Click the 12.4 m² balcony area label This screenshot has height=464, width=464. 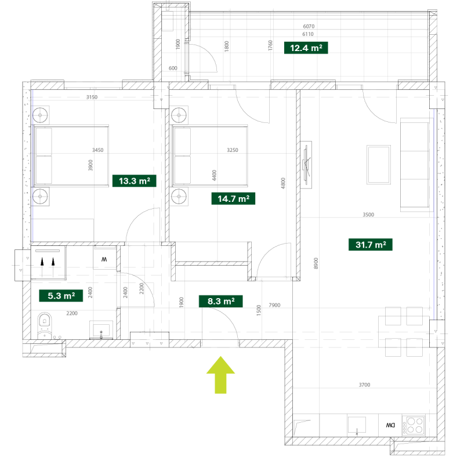[306, 48]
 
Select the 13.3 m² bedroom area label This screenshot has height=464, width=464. [135, 181]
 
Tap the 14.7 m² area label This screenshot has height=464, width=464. [233, 198]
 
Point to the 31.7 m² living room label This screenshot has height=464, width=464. [371, 245]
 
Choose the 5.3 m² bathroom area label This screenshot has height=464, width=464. [61, 296]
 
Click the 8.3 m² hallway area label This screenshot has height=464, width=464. [221, 301]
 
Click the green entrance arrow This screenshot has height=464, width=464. [220, 375]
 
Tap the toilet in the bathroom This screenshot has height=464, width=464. [45, 325]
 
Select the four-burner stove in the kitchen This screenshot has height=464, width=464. [414, 425]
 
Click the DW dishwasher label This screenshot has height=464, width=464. [390, 425]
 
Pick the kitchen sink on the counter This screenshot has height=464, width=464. [357, 426]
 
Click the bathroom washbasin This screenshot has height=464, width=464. [101, 329]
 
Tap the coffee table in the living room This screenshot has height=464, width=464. [379, 165]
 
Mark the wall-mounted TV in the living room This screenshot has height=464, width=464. [307, 164]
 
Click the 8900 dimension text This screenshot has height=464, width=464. [316, 263]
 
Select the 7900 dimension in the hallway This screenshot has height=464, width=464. [274, 305]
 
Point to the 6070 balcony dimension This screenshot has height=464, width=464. [309, 26]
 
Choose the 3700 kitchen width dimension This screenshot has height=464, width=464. [364, 385]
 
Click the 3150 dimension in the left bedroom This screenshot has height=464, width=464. [92, 97]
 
